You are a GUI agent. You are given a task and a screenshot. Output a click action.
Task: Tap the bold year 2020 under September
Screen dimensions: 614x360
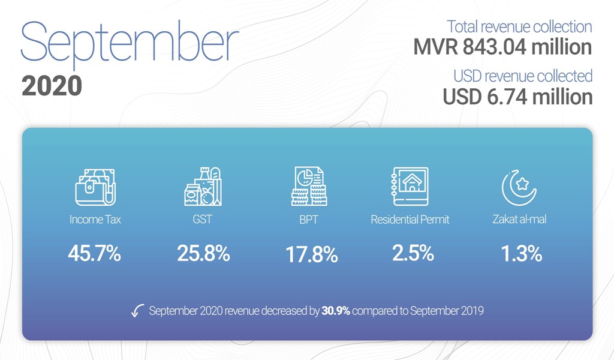tap(52, 86)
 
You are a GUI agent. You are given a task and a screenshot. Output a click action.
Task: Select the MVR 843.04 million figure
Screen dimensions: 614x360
tap(502, 47)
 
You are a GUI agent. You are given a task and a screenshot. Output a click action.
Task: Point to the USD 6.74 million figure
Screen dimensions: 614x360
tap(517, 97)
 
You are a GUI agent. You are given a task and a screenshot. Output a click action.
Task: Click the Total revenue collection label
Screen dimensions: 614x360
tap(519, 26)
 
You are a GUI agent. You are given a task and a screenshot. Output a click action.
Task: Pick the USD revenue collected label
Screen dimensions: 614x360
tap(523, 76)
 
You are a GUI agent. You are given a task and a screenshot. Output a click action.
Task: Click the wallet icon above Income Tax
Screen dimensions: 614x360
tap(95, 187)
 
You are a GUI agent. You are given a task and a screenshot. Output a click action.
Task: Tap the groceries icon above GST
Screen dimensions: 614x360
tap(203, 187)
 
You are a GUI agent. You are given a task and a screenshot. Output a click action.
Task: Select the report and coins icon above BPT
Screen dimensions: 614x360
tap(309, 186)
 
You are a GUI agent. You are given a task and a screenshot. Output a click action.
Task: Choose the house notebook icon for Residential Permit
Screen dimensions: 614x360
tap(410, 187)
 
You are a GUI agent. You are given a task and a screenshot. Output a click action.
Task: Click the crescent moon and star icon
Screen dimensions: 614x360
tap(519, 188)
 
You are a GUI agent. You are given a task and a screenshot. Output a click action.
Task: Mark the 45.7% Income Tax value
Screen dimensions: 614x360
tap(94, 253)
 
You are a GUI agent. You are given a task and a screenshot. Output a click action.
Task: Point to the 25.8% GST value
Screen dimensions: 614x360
tap(203, 253)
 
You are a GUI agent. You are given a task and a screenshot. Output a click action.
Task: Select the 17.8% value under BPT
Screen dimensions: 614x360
tap(312, 254)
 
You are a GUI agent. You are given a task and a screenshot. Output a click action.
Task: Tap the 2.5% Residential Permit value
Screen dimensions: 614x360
tap(413, 253)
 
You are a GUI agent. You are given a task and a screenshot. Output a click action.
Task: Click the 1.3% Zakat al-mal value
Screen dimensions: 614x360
tap(522, 253)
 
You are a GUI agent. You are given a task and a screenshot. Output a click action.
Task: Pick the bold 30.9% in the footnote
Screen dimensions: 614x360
tap(336, 311)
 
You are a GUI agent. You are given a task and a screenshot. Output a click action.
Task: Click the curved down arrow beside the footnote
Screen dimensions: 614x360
tap(137, 311)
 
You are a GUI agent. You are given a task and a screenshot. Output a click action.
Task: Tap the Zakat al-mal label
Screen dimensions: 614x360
tap(519, 219)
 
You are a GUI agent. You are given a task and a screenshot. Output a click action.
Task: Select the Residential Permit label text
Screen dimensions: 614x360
tap(410, 220)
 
